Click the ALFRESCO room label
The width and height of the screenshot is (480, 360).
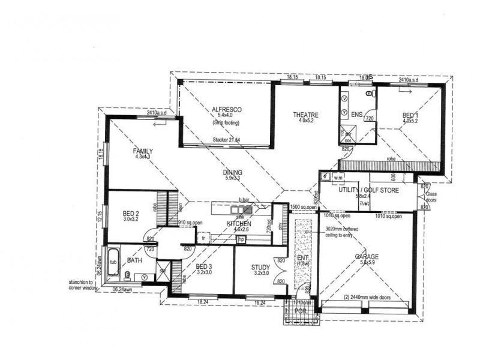tap(226, 110)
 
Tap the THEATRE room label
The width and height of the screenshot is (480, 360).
tap(305, 115)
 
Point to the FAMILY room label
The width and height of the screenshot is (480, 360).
tap(143, 151)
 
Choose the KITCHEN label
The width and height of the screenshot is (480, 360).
tap(238, 223)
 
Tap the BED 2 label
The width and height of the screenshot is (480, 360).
tap(131, 213)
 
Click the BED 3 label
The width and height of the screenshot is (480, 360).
tap(204, 266)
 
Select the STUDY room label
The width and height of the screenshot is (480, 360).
tap(260, 267)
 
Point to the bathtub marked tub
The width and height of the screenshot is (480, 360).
tap(113, 262)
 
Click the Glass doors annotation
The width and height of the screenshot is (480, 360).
tap(431, 197)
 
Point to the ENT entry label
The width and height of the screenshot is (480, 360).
tap(302, 259)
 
